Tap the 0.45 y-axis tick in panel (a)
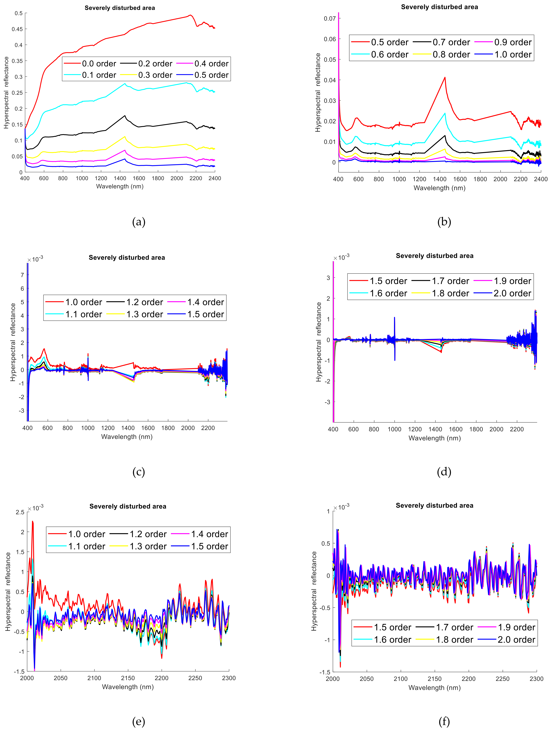click(x=17, y=29)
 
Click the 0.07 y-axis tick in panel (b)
click(x=329, y=18)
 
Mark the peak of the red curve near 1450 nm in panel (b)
click(x=445, y=78)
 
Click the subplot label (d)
click(x=444, y=472)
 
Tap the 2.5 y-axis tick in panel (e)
click(x=20, y=512)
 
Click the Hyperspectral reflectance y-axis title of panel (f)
click(x=314, y=591)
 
